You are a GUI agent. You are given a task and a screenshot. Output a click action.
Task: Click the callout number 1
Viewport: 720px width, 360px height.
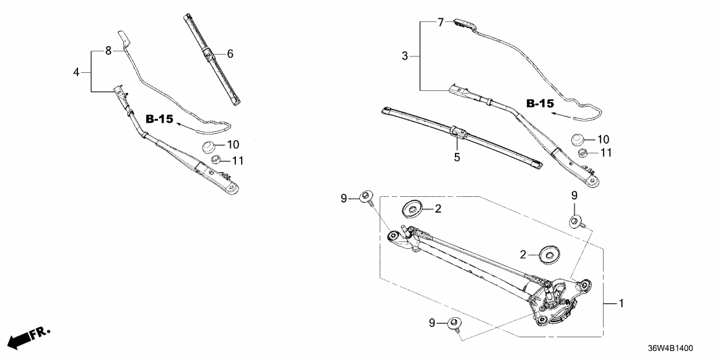(x=621, y=303)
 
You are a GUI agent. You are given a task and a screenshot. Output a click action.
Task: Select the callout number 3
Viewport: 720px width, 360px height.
(x=404, y=57)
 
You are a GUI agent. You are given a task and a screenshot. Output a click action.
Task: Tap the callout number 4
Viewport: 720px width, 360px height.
(x=76, y=72)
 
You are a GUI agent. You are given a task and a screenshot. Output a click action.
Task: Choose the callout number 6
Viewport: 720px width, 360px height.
(x=229, y=55)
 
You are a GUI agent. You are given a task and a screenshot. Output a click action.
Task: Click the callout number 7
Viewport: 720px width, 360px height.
(x=440, y=23)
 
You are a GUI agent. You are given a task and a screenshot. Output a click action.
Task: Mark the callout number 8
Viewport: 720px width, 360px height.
(x=109, y=49)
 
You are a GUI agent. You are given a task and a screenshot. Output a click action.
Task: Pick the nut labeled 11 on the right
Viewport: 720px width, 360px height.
(x=583, y=153)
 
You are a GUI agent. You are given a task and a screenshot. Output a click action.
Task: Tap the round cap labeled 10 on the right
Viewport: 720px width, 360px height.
(x=579, y=138)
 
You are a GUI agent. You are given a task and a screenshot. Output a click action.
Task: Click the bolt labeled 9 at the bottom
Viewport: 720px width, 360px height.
(x=454, y=324)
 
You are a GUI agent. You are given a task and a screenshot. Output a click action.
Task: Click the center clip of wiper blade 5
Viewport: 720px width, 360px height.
(x=458, y=133)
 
